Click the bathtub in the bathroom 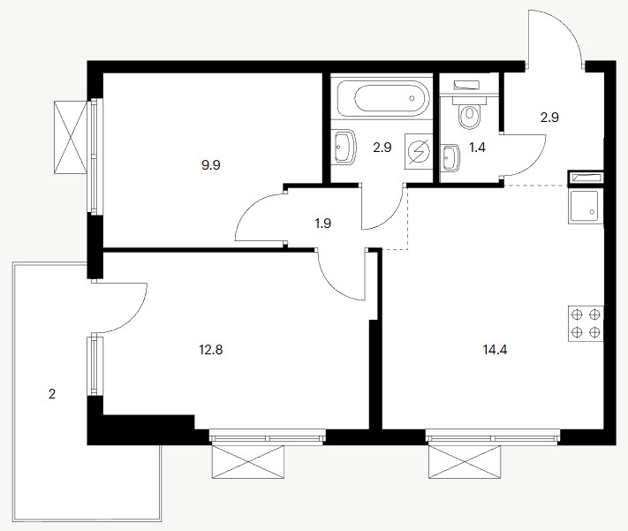tap(382, 99)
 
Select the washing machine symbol tap(419, 152)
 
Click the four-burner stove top tap(586, 323)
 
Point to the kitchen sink tap(586, 207)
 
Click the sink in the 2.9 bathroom tap(344, 147)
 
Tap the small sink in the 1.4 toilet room tap(450, 158)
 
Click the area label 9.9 tap(211, 164)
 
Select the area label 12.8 tap(211, 350)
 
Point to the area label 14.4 tap(496, 350)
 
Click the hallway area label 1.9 tap(322, 224)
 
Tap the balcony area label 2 tap(52, 394)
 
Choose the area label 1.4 tap(478, 148)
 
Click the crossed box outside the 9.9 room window tap(71, 137)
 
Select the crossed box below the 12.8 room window tap(248, 462)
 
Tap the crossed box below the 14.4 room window tap(465, 462)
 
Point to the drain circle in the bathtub tap(412, 98)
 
